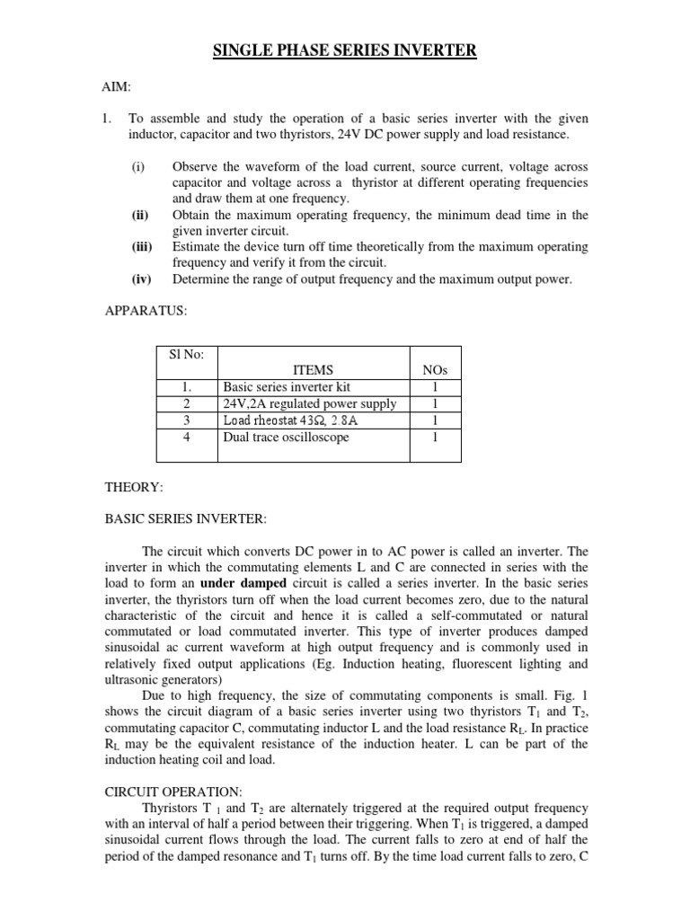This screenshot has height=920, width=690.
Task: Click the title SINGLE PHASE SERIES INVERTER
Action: (x=344, y=52)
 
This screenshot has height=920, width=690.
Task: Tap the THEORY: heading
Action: (x=134, y=486)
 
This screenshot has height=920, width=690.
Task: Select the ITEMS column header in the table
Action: (x=313, y=369)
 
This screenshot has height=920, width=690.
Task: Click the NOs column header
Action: (x=435, y=369)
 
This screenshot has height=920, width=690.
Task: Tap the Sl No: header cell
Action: (x=187, y=354)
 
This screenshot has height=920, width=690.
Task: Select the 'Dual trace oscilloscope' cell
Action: (x=286, y=438)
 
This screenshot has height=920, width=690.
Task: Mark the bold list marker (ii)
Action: (x=140, y=215)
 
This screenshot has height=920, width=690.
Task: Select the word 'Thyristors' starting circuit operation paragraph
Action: (x=172, y=808)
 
